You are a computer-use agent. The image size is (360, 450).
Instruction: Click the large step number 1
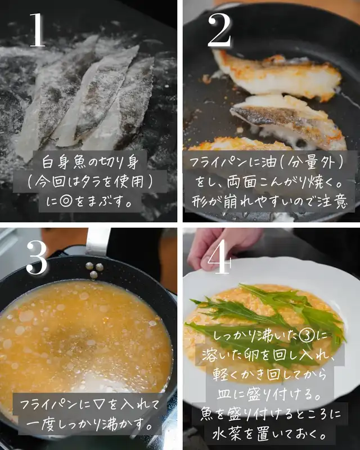coord(37,30)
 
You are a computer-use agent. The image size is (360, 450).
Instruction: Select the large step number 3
coord(37,258)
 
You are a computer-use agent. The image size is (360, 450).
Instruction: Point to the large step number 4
coord(219,256)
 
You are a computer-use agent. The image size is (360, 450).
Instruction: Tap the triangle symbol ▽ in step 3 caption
coord(100,404)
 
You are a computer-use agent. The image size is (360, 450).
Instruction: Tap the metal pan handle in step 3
coord(98,241)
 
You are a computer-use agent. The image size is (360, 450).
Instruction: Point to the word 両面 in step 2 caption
coord(241,182)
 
